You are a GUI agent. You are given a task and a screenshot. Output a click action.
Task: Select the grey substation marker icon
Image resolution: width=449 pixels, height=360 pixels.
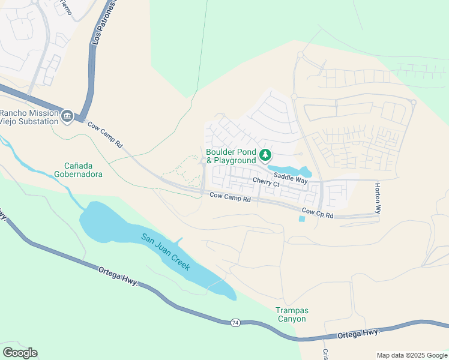[67, 116]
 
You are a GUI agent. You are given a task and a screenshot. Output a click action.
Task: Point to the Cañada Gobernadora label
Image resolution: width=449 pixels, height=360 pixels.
[83, 170]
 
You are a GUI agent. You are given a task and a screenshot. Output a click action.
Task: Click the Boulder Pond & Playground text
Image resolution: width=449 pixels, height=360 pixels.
[231, 156]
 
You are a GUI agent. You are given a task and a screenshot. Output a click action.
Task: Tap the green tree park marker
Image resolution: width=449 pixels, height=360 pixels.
[264, 156]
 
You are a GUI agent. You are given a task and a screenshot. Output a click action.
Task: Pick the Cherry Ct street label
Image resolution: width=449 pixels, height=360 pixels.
[266, 183]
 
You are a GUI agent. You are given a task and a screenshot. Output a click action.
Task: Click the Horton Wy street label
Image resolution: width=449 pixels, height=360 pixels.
[378, 199]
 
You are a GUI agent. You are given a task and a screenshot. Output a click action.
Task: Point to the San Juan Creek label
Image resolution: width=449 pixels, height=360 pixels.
[166, 251]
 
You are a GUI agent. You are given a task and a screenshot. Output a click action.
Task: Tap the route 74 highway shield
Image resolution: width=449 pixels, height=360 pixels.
[235, 323]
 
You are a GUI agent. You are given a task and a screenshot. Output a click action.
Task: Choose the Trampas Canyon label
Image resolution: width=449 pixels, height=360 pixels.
[291, 314]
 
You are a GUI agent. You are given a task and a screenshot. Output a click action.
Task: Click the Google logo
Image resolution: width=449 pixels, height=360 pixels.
[20, 353]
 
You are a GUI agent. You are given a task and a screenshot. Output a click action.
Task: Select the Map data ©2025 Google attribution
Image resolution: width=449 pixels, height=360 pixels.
[411, 355]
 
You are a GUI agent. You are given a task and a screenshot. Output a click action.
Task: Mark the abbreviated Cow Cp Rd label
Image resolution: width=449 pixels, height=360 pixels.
[318, 212]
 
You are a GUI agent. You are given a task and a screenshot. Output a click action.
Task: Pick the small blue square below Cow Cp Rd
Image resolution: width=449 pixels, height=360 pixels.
[301, 218]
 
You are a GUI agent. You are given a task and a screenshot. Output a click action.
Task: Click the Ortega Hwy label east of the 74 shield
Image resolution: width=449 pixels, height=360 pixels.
[358, 332]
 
